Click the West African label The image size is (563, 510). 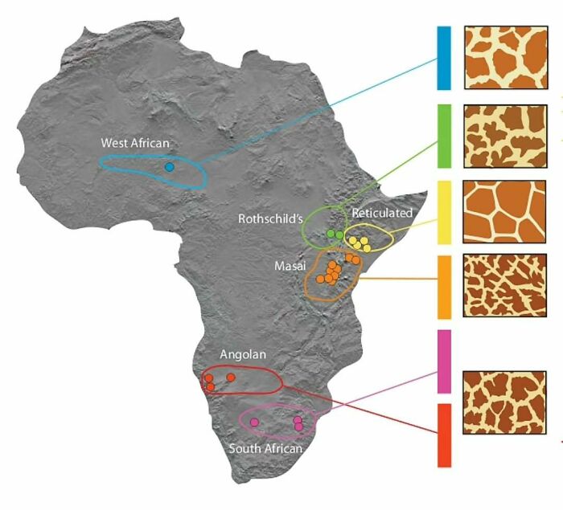coord(135,143)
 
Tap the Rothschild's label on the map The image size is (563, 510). coord(269,218)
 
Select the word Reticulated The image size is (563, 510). coord(382,213)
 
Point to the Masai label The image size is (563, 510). coord(289,264)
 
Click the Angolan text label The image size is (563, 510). coord(243,354)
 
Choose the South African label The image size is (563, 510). coord(265,448)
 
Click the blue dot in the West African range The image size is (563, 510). coord(169,167)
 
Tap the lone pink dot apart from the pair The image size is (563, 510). coord(255,422)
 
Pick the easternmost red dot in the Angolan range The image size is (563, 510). coord(231,377)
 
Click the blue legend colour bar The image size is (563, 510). coord(444,58)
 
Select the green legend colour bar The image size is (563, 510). coord(444,135)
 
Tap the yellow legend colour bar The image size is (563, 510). coord(444,212)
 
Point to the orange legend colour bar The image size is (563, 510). coord(444,287)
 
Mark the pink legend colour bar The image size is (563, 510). coord(444,361)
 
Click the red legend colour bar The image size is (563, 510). coord(444,435)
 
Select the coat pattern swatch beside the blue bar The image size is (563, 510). coord(506,57)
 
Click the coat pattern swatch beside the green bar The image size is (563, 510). coord(506,134)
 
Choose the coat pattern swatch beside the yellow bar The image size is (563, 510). coord(506,211)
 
